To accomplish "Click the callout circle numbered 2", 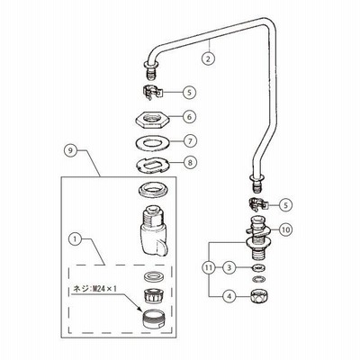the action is tap(209, 58).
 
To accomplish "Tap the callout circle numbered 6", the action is tap(189, 117).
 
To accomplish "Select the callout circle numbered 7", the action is tap(189, 141).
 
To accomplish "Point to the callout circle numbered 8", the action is tap(189, 163).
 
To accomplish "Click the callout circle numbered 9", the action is tap(70, 150).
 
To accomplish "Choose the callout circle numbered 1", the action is tap(76, 239).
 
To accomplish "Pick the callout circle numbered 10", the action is tap(286, 229).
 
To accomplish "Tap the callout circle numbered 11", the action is tap(209, 267).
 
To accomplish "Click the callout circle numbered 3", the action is tap(229, 267).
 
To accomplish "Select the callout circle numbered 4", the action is tap(229, 296).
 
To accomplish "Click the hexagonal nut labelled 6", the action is tap(152, 119).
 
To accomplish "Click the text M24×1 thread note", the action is tap(94, 289).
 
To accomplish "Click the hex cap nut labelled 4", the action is tap(259, 295).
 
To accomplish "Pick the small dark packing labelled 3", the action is tap(259, 267).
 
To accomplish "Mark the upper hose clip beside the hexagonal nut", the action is tap(152, 91).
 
